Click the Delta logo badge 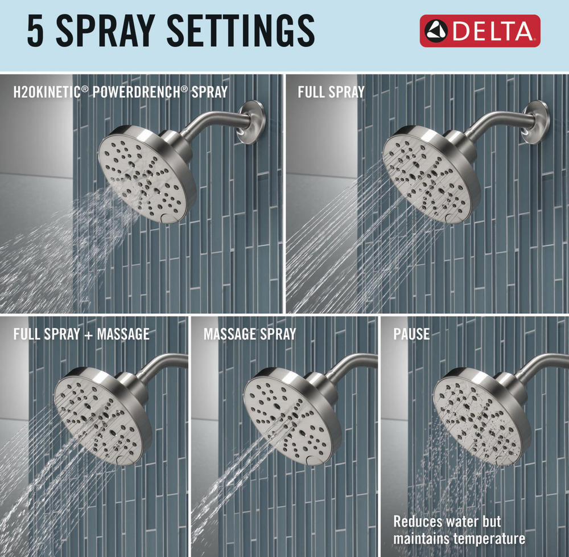[480, 31]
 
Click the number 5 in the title [35, 31]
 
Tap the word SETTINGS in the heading [241, 31]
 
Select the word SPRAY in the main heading [106, 31]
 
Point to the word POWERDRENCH [140, 92]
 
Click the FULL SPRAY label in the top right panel [331, 92]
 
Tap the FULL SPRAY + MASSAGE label [81, 334]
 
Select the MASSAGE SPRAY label [250, 334]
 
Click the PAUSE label [411, 334]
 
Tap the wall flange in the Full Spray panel [537, 122]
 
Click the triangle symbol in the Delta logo [436, 31]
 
